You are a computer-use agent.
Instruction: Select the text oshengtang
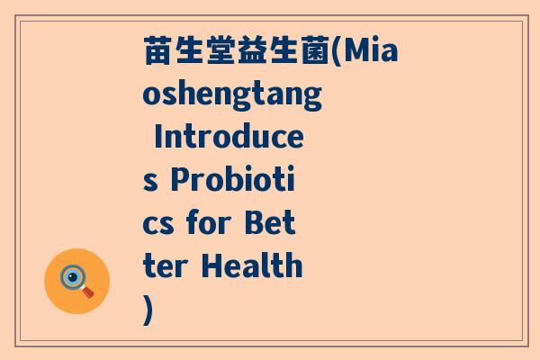click(x=233, y=95)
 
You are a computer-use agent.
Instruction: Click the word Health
click(x=251, y=266)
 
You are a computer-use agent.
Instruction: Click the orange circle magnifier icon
click(x=76, y=281)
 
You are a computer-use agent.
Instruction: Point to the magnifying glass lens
click(x=72, y=276)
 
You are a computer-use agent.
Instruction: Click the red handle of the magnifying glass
click(x=88, y=292)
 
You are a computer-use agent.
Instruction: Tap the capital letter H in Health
click(x=211, y=266)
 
